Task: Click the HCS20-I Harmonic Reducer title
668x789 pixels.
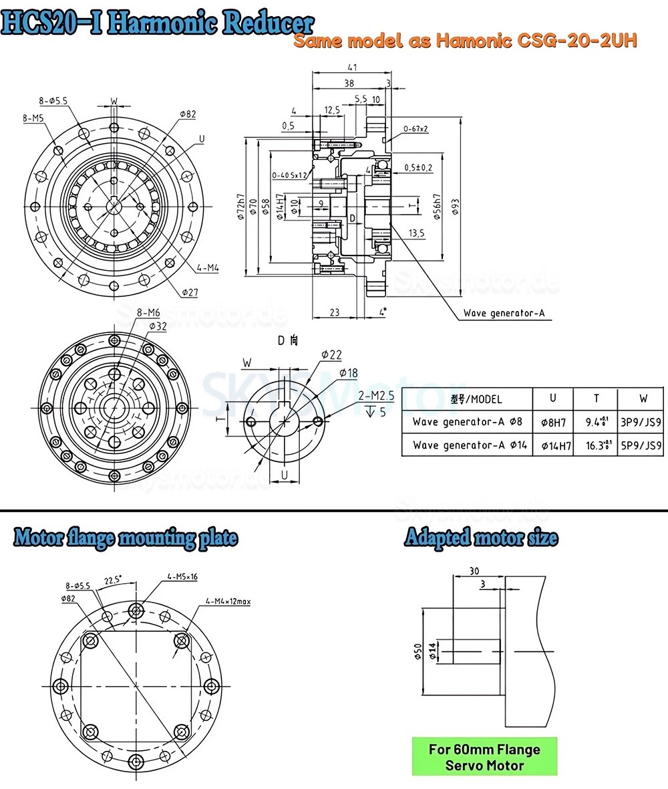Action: click(158, 22)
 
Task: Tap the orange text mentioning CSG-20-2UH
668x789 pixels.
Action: click(466, 41)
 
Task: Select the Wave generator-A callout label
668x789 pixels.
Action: click(508, 313)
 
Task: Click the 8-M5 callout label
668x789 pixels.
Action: click(33, 118)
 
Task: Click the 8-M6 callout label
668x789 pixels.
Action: click(148, 313)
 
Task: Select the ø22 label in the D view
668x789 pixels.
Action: click(331, 353)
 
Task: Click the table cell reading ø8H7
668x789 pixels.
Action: click(552, 422)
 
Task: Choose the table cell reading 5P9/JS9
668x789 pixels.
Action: click(643, 445)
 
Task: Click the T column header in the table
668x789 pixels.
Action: click(596, 399)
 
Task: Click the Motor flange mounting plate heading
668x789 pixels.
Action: click(125, 537)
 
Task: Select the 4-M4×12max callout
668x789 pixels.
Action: click(228, 602)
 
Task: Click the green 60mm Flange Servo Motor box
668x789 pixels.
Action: click(484, 756)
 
